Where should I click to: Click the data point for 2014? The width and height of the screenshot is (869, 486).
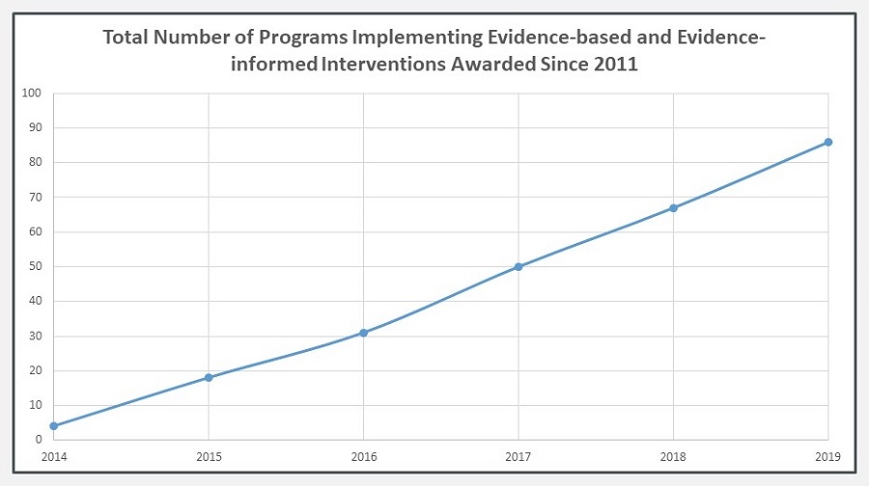(53, 425)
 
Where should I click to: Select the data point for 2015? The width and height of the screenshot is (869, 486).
(209, 377)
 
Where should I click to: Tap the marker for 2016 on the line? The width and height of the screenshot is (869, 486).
(363, 333)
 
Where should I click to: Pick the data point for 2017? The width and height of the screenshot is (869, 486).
(519, 266)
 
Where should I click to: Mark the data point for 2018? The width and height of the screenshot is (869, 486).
(673, 207)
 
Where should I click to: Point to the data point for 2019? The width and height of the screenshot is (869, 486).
(828, 142)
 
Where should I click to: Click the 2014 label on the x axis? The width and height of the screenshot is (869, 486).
(53, 455)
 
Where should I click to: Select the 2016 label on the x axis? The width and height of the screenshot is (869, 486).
(363, 455)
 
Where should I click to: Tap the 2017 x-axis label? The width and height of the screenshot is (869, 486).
(519, 455)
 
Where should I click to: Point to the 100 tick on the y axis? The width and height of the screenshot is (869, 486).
(33, 94)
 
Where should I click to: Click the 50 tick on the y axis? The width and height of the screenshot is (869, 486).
(36, 266)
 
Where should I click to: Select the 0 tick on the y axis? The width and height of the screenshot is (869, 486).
(39, 440)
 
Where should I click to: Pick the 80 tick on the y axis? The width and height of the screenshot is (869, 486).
(36, 163)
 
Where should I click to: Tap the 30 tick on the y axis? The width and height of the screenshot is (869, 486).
(36, 336)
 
